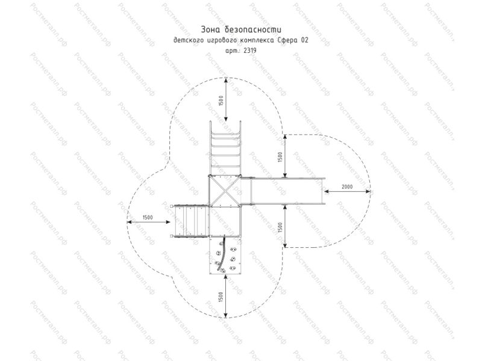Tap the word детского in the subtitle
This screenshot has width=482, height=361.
click(189, 40)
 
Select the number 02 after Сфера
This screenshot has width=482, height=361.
click(305, 40)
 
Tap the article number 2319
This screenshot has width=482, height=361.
click(249, 51)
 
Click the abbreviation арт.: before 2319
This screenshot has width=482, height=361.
click(233, 51)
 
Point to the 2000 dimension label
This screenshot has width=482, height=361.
click(347, 187)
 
